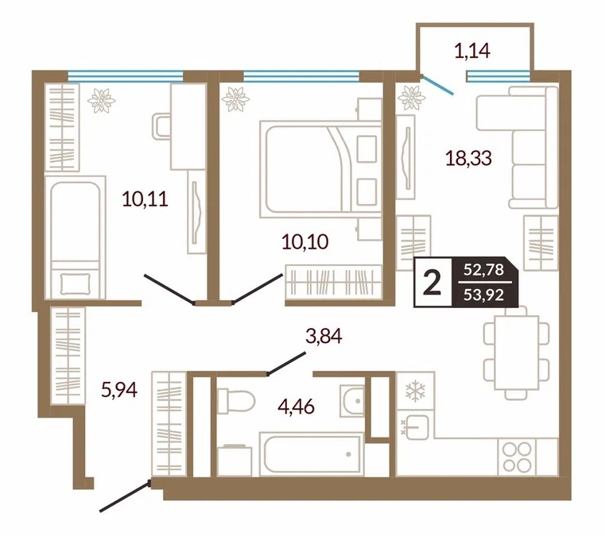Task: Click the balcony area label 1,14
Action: click(472, 51)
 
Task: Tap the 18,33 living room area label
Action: click(468, 158)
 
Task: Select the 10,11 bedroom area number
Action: click(145, 199)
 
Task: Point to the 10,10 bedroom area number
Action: click(305, 242)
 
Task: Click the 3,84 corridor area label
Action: click(324, 336)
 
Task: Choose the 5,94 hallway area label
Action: click(119, 390)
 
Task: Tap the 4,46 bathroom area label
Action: click(297, 407)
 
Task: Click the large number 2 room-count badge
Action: click(432, 283)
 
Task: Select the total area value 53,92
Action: click(484, 295)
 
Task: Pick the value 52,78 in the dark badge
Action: click(484, 270)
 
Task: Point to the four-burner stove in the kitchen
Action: click(518, 457)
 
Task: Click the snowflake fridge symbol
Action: click(415, 391)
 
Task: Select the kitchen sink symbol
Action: click(415, 426)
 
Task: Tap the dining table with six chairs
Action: click(517, 353)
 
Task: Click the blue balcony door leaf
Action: click(437, 85)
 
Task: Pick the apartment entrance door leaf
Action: click(125, 496)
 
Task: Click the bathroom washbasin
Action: click(352, 401)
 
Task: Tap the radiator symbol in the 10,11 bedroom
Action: click(102, 101)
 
